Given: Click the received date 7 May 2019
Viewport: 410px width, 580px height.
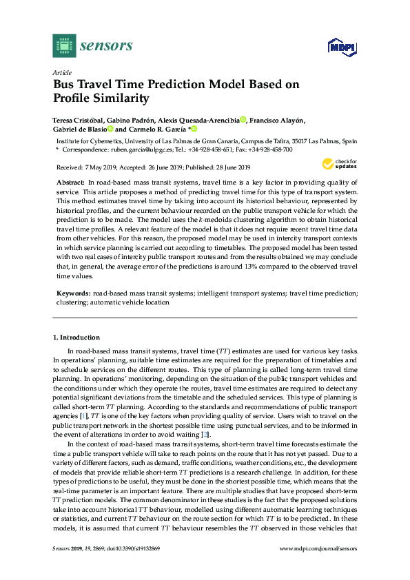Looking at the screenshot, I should pos(103,167).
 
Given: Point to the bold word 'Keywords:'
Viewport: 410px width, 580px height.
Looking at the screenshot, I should pos(73,293).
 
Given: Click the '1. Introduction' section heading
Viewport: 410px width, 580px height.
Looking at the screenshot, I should pos(76,338).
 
